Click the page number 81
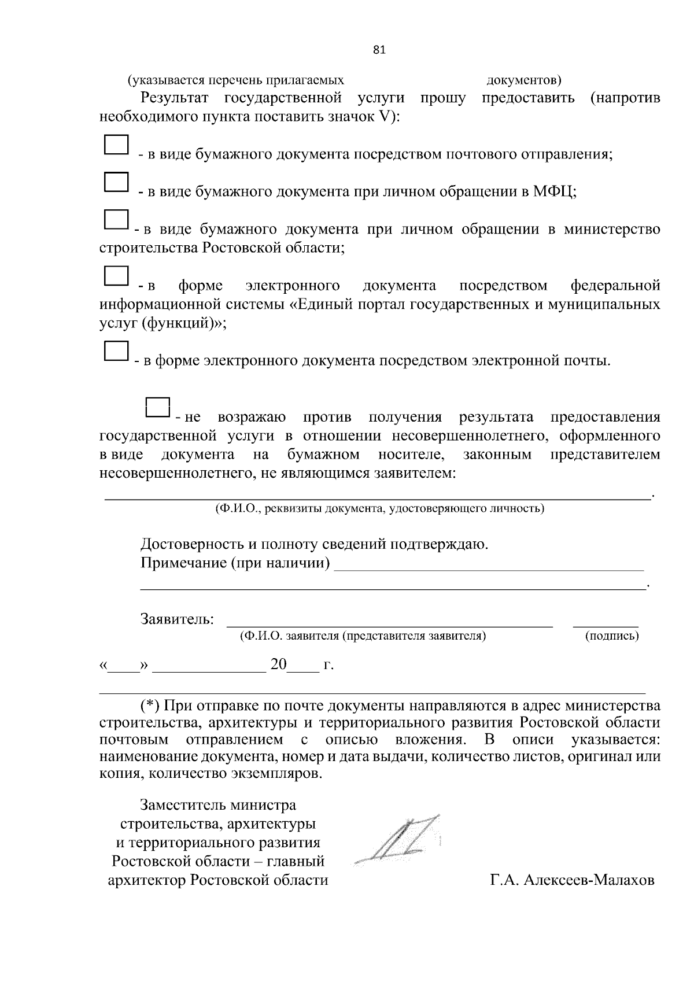(x=379, y=50)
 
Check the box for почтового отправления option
(x=116, y=145)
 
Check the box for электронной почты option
(x=116, y=350)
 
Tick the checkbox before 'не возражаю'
(x=157, y=408)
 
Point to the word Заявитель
(x=177, y=619)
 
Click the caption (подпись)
(x=612, y=636)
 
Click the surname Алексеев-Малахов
(x=589, y=880)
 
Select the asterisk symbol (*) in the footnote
(x=150, y=706)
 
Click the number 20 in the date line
(x=278, y=664)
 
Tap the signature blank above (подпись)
(x=606, y=623)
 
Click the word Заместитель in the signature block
(x=184, y=805)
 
